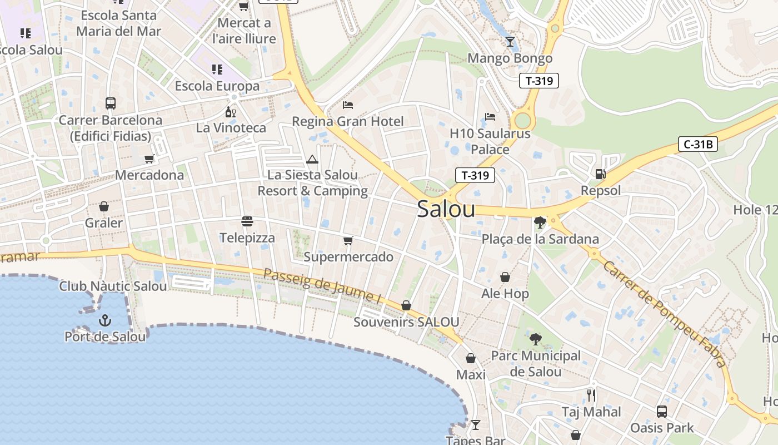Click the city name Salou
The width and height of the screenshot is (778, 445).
pos(446,209)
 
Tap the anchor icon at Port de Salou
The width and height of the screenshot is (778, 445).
pos(104,320)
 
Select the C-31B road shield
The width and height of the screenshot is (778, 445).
pos(698,145)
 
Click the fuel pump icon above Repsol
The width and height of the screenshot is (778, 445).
pos(600,174)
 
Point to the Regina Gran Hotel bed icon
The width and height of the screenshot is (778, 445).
pos(348,105)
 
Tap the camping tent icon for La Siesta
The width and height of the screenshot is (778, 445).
pos(312,160)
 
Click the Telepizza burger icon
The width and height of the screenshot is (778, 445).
pos(247,221)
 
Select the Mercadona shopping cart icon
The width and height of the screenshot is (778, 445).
pos(149,159)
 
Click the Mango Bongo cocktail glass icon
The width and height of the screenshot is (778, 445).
pos(510,42)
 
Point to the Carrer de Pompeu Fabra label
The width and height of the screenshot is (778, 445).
pos(665,314)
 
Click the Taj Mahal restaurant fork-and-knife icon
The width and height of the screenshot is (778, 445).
pos(591,395)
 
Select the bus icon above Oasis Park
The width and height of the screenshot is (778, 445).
pos(661,412)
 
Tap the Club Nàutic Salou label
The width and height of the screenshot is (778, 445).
pos(113,286)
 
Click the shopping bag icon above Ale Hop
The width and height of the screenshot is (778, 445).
pos(505,277)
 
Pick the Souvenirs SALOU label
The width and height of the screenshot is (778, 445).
pos(406,322)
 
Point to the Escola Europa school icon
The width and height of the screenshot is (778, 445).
pos(217,70)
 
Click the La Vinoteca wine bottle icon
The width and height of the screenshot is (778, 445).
pos(231,112)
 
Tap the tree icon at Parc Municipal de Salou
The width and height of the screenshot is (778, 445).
pos(535,339)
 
